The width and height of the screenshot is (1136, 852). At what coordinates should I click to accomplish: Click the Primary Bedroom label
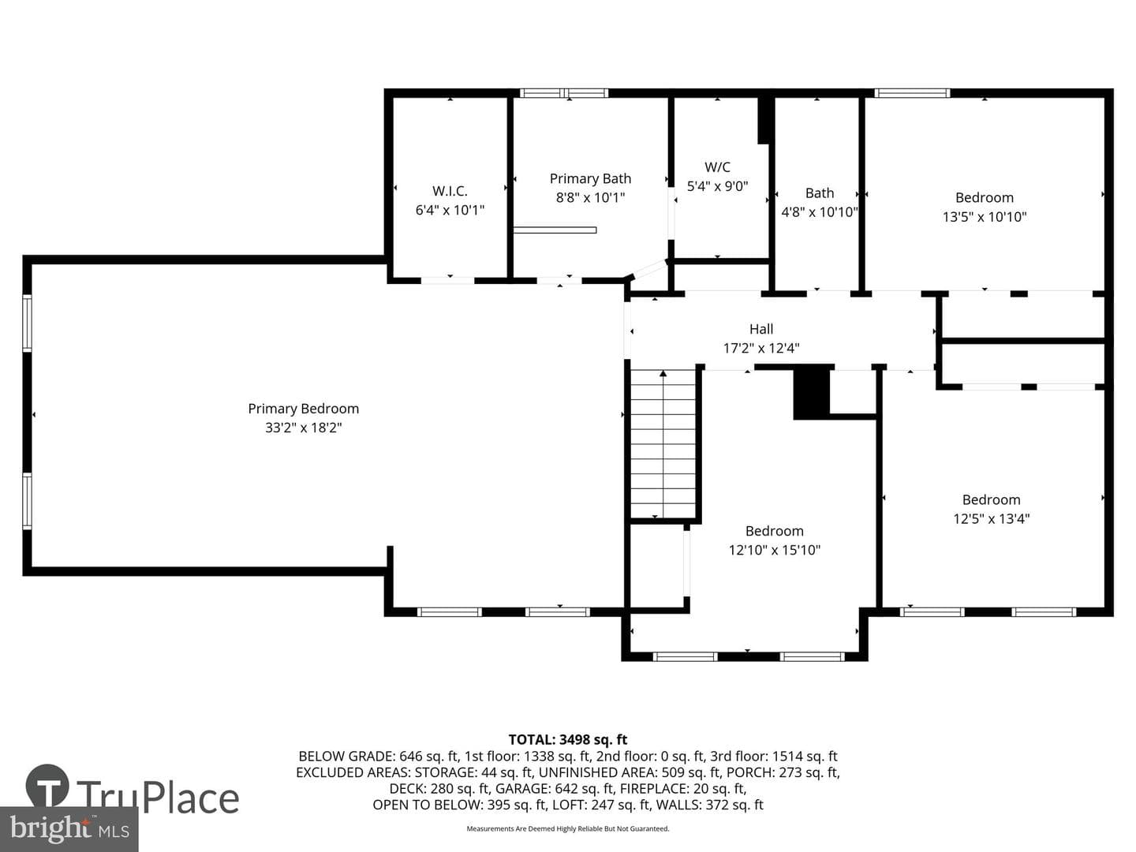[303, 409]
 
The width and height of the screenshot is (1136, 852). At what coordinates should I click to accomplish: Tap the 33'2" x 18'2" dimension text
[303, 428]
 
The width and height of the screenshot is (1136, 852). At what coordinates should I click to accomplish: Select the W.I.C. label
[450, 191]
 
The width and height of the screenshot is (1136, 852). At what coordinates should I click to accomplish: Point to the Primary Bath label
[590, 178]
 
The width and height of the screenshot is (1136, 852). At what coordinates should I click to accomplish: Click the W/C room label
[717, 167]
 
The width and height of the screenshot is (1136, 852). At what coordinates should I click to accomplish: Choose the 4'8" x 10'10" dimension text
[820, 212]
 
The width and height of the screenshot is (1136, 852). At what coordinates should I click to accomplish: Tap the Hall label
[761, 329]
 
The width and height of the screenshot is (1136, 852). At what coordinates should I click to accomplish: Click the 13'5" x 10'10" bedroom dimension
[985, 217]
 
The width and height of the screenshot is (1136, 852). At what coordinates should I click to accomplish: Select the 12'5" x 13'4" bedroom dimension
[992, 518]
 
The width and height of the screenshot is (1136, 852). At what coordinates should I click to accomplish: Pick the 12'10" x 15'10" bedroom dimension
[774, 549]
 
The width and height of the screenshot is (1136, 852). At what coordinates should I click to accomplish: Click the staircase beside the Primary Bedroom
[663, 444]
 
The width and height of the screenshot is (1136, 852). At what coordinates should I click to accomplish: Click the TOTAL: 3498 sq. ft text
[568, 739]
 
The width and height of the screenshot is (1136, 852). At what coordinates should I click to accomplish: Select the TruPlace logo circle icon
[47, 785]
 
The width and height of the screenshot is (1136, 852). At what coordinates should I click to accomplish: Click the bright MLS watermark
[69, 829]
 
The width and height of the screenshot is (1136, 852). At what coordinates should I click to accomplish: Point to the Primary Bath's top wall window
[563, 93]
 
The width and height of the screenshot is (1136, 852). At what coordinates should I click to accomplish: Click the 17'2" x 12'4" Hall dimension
[761, 348]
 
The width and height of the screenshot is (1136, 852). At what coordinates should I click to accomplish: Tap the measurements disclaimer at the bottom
[568, 828]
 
